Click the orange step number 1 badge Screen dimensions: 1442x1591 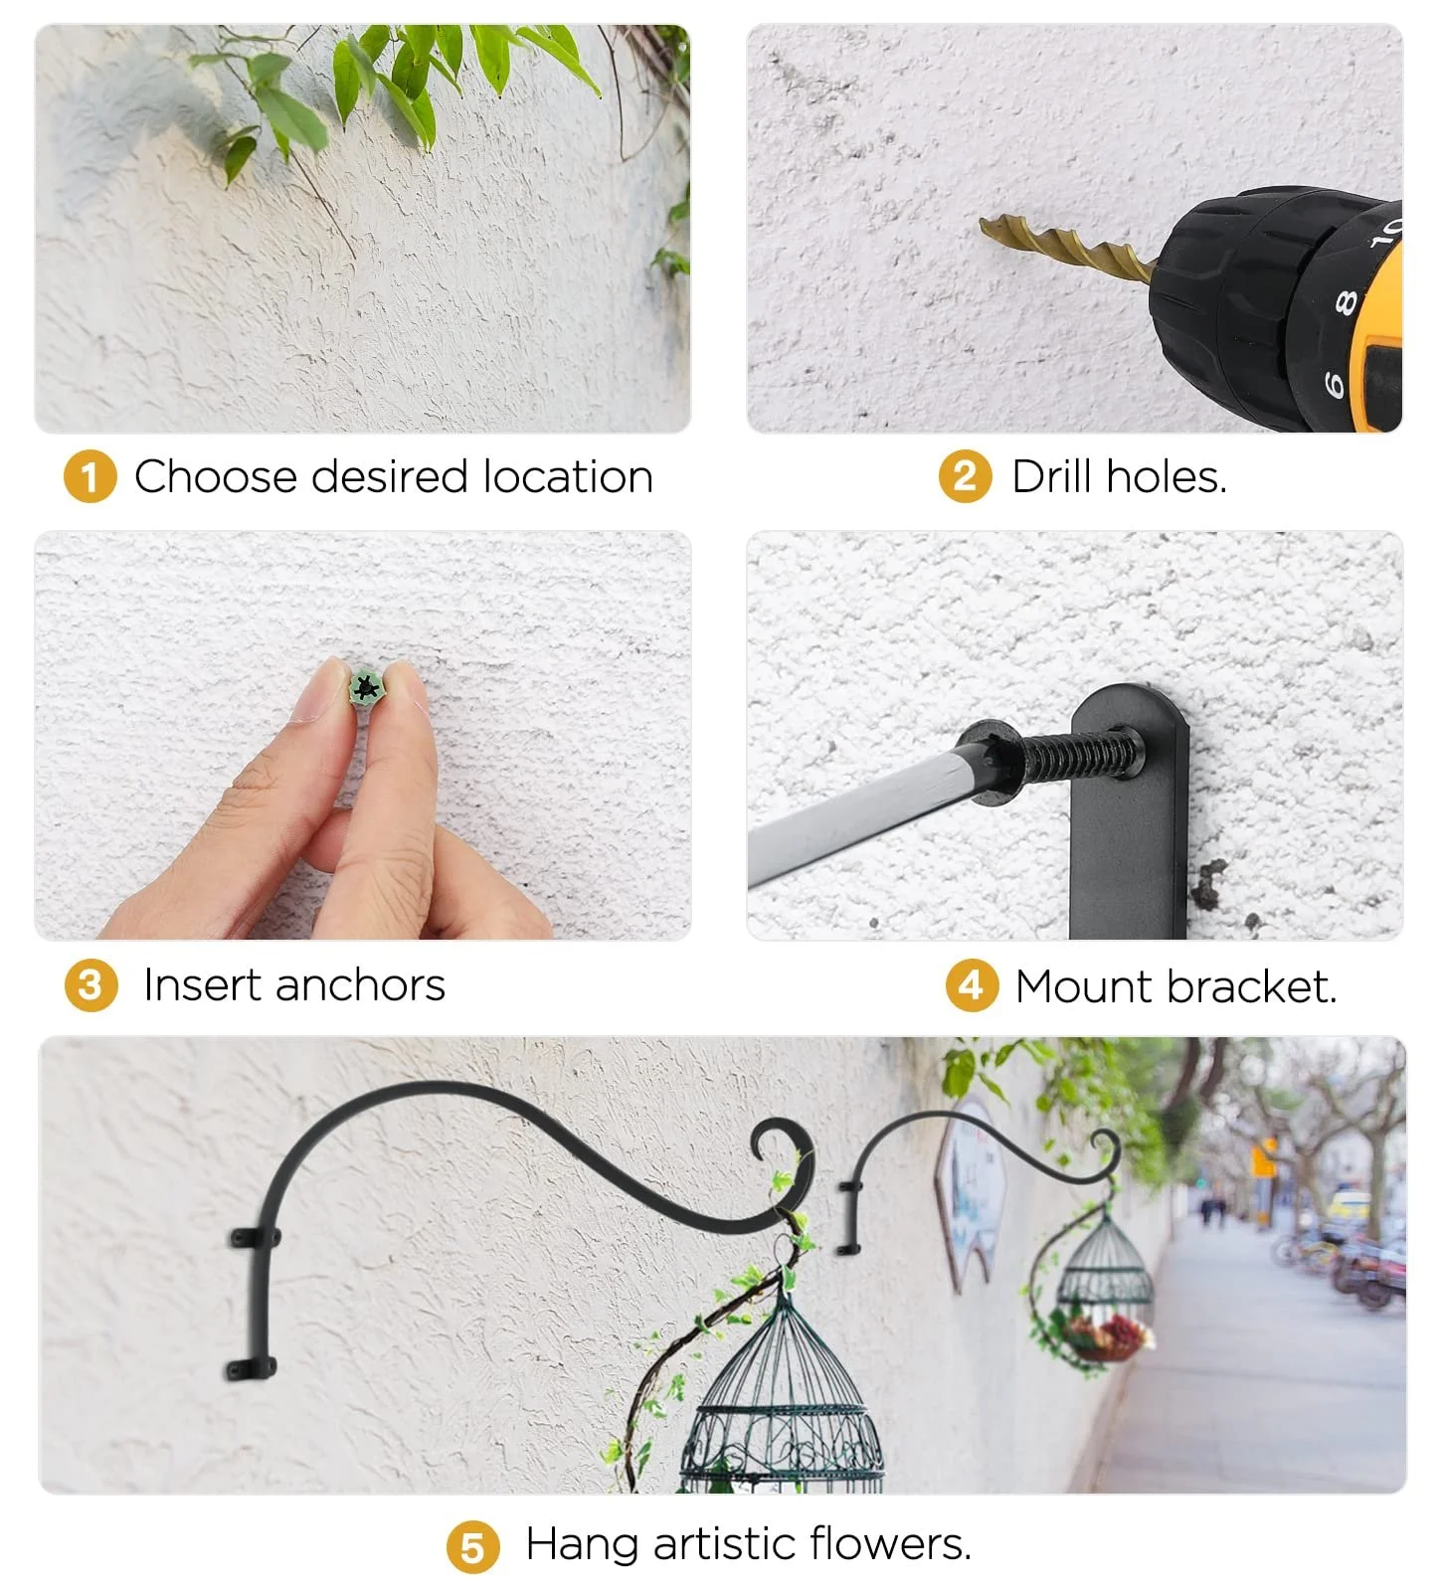pos(90,477)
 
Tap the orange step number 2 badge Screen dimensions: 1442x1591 pos(965,476)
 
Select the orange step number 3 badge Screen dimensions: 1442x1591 pos(90,985)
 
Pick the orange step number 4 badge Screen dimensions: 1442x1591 pos(971,986)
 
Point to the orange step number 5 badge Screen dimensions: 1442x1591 pos(472,1547)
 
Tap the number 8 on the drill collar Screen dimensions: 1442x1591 pos(1346,301)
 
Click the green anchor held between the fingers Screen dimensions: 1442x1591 pos(367,686)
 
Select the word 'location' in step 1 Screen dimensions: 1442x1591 pos(568,477)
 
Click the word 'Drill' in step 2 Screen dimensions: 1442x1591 pos(1053,476)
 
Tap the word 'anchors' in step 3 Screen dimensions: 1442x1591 pos(360,986)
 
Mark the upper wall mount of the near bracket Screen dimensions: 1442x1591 pos(256,1239)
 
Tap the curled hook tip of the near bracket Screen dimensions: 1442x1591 pos(774,1144)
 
